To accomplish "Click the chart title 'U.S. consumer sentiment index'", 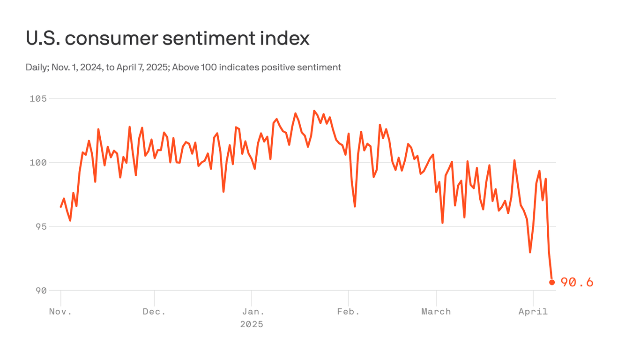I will (x=167, y=38).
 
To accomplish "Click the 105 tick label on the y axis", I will (x=38, y=98).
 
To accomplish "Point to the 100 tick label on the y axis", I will (x=38, y=163).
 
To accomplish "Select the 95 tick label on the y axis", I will (x=41, y=226).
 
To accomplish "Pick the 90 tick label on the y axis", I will (x=41, y=290).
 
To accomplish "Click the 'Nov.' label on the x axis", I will (x=60, y=312).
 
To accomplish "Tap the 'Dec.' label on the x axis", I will (x=154, y=312).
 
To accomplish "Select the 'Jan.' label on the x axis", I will (x=252, y=312).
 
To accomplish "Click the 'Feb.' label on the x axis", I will (x=349, y=312).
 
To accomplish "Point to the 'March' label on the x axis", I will (x=436, y=312).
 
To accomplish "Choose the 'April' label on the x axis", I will (x=533, y=312).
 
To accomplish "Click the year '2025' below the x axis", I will (x=252, y=324).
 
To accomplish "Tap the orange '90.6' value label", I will (x=577, y=282).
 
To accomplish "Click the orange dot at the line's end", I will (x=552, y=282).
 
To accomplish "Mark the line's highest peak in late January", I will (x=314, y=111).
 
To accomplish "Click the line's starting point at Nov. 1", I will (x=61, y=207).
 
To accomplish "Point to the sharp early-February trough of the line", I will (x=355, y=206).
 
